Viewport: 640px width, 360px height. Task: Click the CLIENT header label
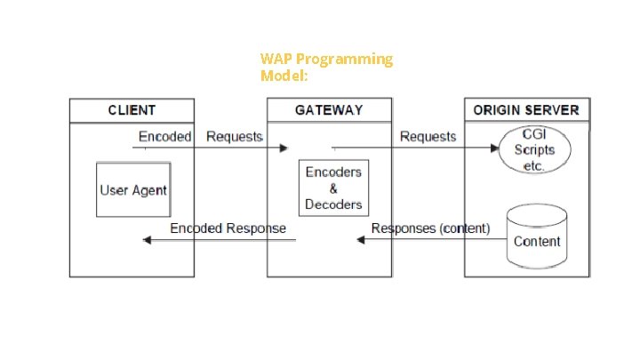[x=132, y=110]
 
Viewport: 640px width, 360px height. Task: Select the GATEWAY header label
[x=329, y=110]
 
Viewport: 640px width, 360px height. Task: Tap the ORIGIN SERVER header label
[x=526, y=110]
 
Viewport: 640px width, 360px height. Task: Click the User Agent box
[x=133, y=189]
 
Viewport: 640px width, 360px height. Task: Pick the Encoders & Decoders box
[x=334, y=188]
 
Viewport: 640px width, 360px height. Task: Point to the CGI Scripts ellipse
[x=533, y=149]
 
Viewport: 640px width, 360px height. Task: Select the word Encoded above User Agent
[x=164, y=136]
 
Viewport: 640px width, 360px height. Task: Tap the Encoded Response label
[x=228, y=228]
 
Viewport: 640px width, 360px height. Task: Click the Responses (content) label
[x=430, y=228]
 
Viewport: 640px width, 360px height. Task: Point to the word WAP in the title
[x=276, y=59]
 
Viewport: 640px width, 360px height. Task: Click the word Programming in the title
[x=344, y=59]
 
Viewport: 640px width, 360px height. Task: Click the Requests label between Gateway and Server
[x=428, y=136]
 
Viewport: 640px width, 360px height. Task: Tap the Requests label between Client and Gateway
[x=235, y=136]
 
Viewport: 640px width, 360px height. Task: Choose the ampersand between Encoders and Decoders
[x=333, y=188]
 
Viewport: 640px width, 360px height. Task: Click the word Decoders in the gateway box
[x=334, y=204]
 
